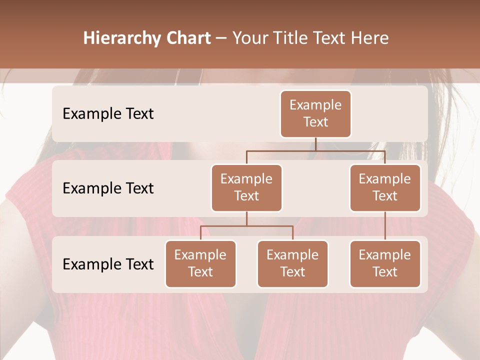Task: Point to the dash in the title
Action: coord(221,38)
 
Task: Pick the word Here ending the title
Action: coord(369,38)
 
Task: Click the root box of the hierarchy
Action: coord(315,113)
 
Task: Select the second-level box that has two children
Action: coord(246,187)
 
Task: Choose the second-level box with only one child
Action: coord(385,187)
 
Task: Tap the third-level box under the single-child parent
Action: coord(385,263)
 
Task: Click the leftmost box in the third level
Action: coord(200,263)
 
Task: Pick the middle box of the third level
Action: coord(292,263)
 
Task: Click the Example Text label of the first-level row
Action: coord(108,113)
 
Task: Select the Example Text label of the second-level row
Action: coord(108,188)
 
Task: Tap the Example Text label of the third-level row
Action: coord(108,264)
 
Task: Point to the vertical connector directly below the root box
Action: coord(315,144)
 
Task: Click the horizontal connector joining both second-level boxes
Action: coord(315,150)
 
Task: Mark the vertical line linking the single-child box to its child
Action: coord(385,226)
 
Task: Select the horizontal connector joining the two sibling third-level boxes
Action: coord(246,226)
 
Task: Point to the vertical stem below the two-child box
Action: coord(246,218)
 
